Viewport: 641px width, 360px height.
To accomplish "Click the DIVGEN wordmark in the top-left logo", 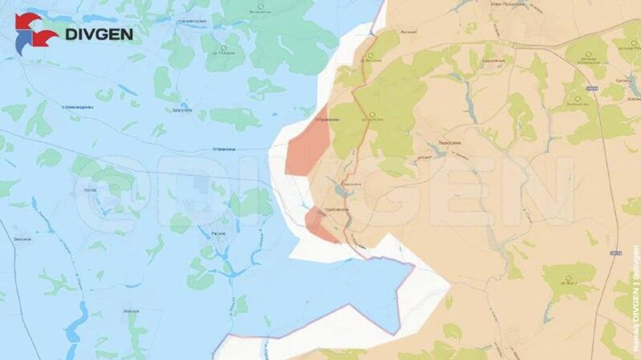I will pyautogui.click(x=98, y=34).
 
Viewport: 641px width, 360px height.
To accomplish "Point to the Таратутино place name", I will pyautogui.click(x=182, y=110).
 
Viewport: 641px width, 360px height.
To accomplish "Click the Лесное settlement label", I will pyautogui.click(x=91, y=190).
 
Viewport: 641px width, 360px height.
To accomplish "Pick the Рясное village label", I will pyautogui.click(x=217, y=233).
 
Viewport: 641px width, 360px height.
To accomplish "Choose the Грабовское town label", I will pyautogui.click(x=336, y=209).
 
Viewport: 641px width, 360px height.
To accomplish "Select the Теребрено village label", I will pyautogui.click(x=451, y=142).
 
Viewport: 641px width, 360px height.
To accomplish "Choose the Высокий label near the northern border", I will pyautogui.click(x=408, y=32).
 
